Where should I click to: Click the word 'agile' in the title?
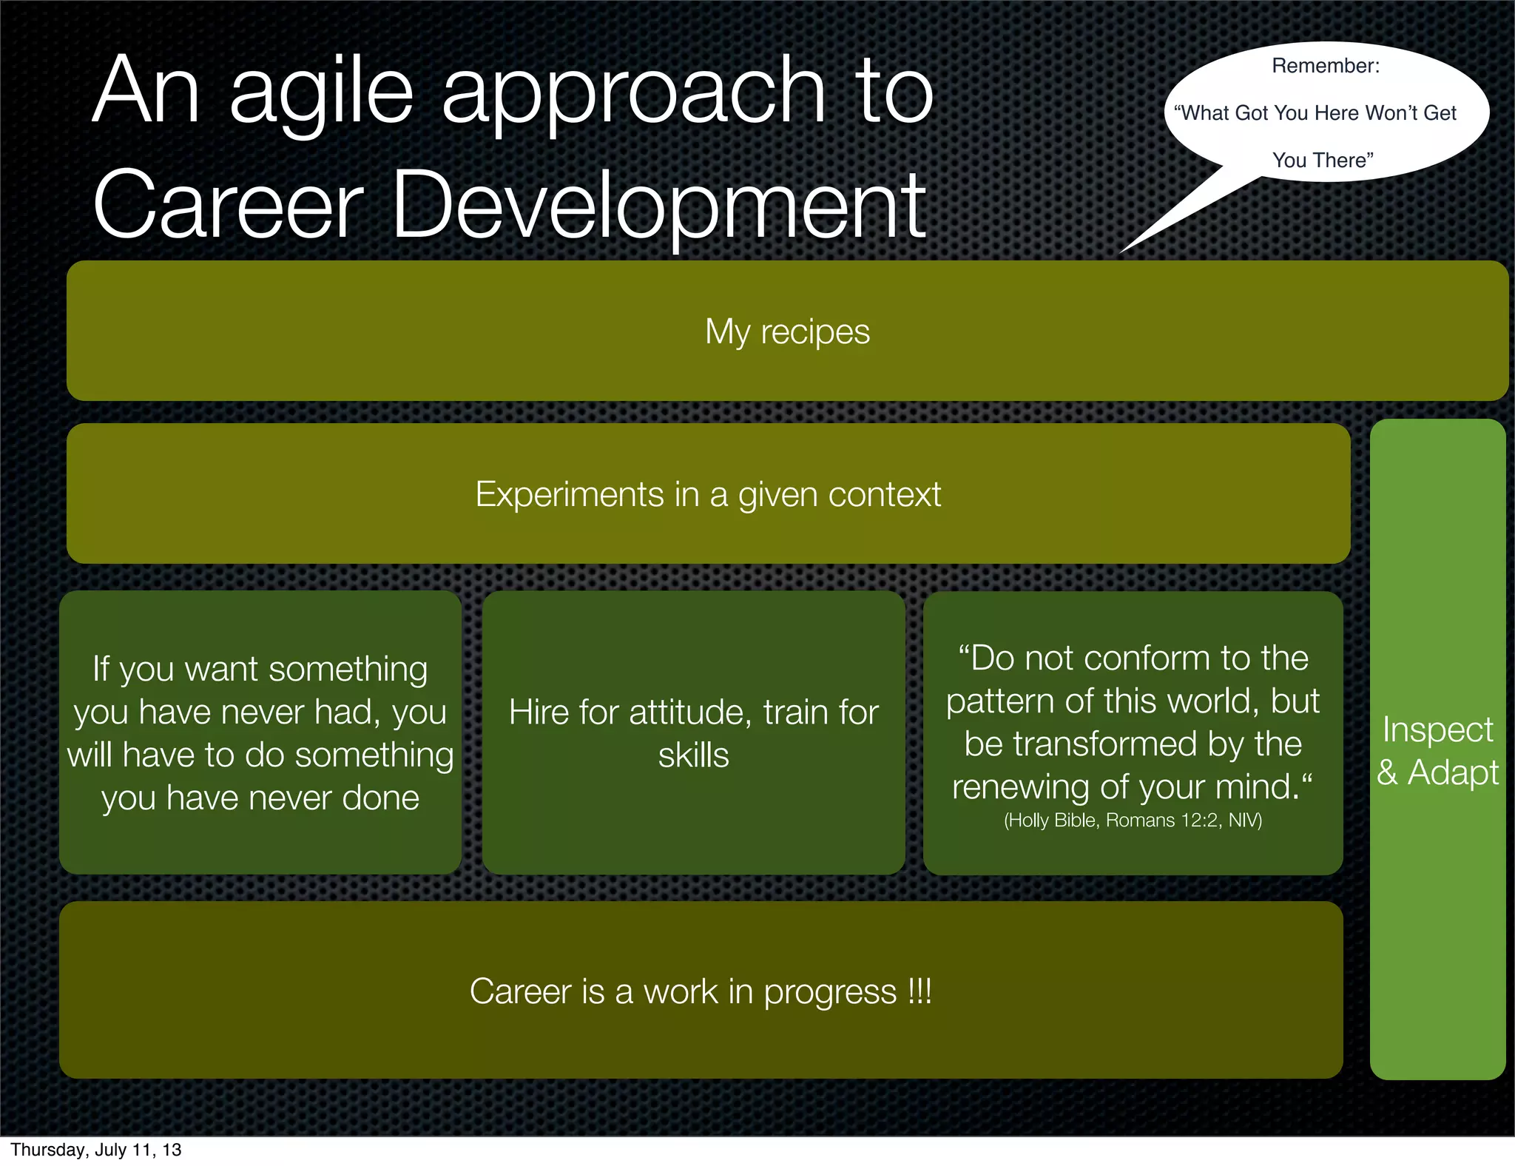(x=320, y=92)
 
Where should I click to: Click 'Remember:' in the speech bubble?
(x=1325, y=66)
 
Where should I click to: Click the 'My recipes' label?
(x=787, y=331)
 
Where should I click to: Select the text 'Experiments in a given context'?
(x=708, y=494)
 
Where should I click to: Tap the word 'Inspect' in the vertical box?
(x=1437, y=729)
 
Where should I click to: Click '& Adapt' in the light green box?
(x=1437, y=772)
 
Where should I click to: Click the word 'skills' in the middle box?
(x=693, y=755)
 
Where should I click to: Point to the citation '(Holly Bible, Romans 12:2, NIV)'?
(x=1133, y=820)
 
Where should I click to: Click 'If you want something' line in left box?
(x=260, y=669)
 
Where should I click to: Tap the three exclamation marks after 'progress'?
(x=920, y=991)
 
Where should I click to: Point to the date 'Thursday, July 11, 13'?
(x=96, y=1150)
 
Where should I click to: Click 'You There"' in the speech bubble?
(x=1322, y=160)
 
